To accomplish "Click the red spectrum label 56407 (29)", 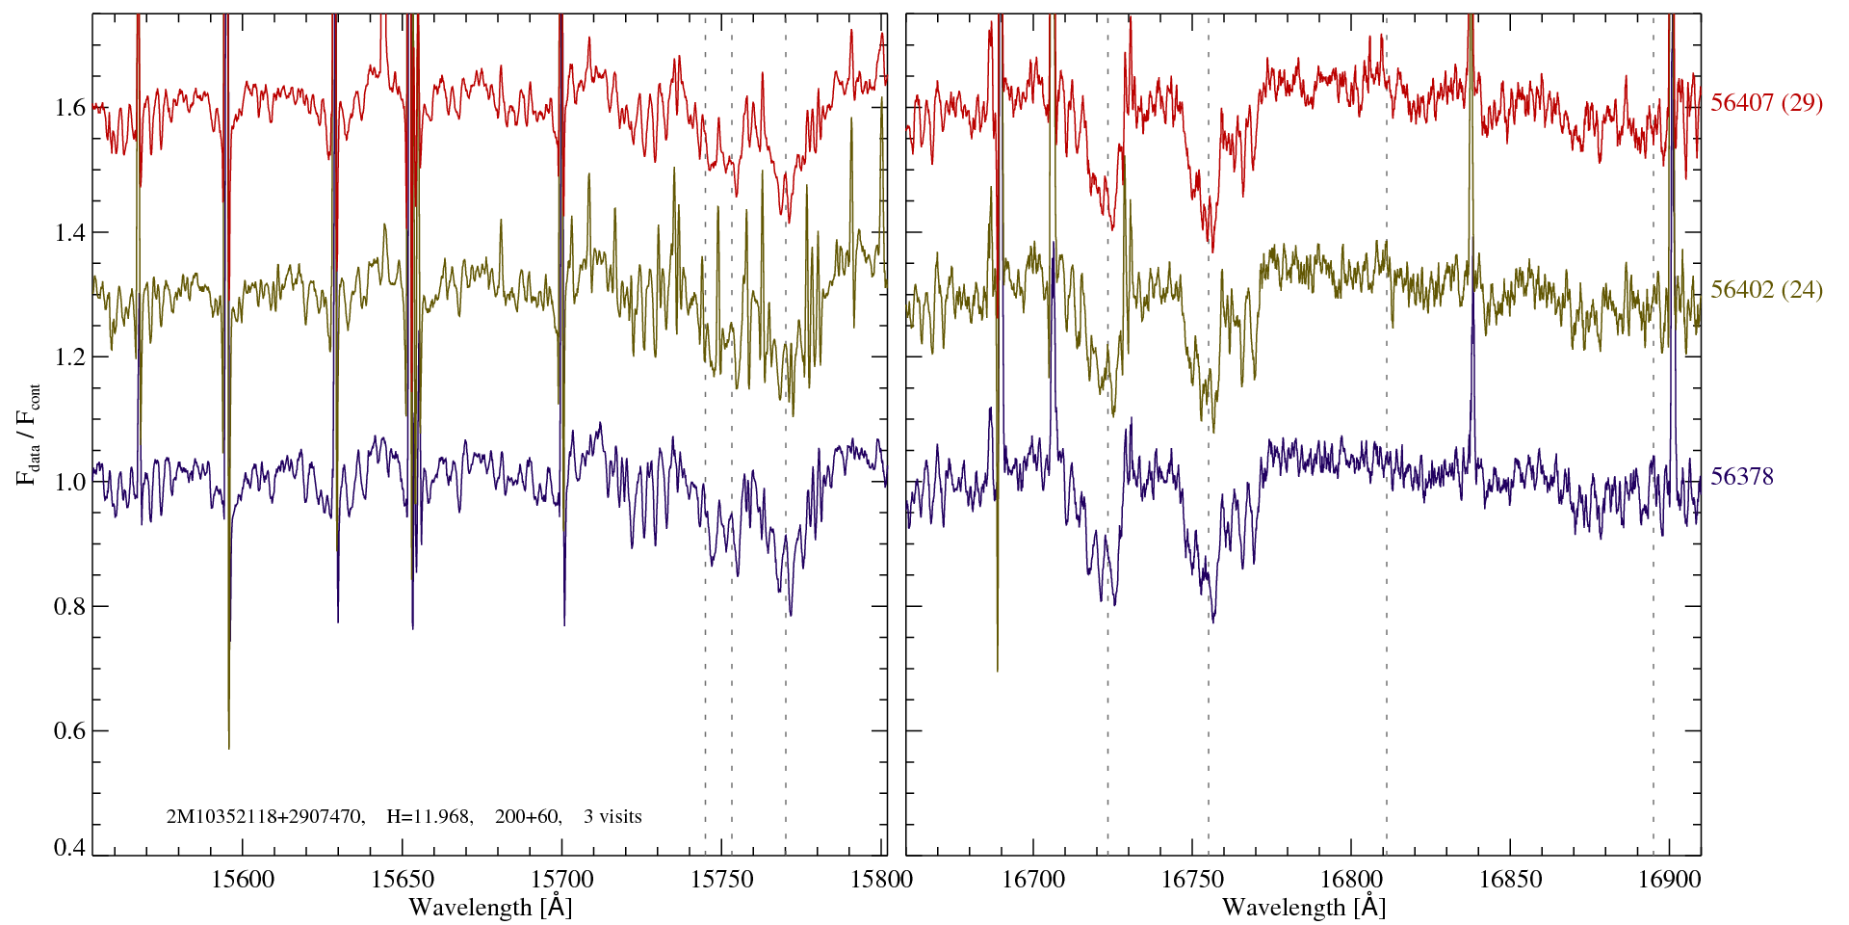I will pyautogui.click(x=1766, y=103).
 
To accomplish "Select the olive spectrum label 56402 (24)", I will pyautogui.click(x=1766, y=290).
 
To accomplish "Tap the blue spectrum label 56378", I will pyautogui.click(x=1742, y=477).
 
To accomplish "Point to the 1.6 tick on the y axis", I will pyautogui.click(x=70, y=107).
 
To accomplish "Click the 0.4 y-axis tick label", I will pyautogui.click(x=70, y=848).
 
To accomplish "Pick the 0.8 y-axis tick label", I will pyautogui.click(x=70, y=606).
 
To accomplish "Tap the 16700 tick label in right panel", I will pyautogui.click(x=1033, y=879).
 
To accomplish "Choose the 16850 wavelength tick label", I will pyautogui.click(x=1509, y=879).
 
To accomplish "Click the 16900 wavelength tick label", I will pyautogui.click(x=1668, y=879).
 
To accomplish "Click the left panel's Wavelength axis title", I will pyautogui.click(x=490, y=907).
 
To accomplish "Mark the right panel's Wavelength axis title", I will pyautogui.click(x=1304, y=907).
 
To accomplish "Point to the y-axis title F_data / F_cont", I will pyautogui.click(x=29, y=434).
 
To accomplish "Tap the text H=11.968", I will pyautogui.click(x=429, y=817).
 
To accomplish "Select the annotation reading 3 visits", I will pyautogui.click(x=612, y=817).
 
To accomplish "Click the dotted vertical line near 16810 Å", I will pyautogui.click(x=1387, y=578).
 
